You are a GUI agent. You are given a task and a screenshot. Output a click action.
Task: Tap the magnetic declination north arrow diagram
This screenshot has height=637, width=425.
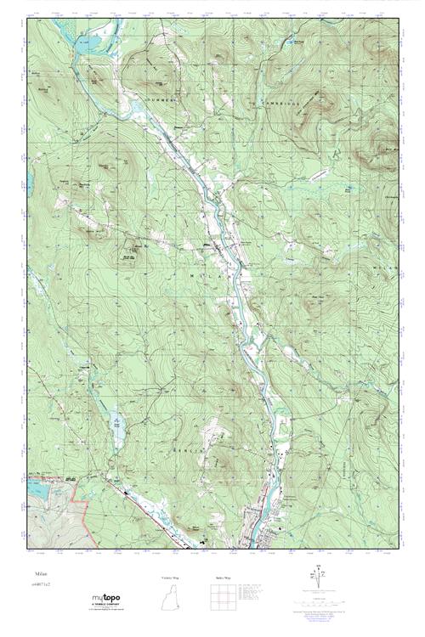pos(318,581)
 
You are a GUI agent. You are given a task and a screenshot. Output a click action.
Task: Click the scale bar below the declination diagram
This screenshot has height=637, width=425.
pos(318,599)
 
